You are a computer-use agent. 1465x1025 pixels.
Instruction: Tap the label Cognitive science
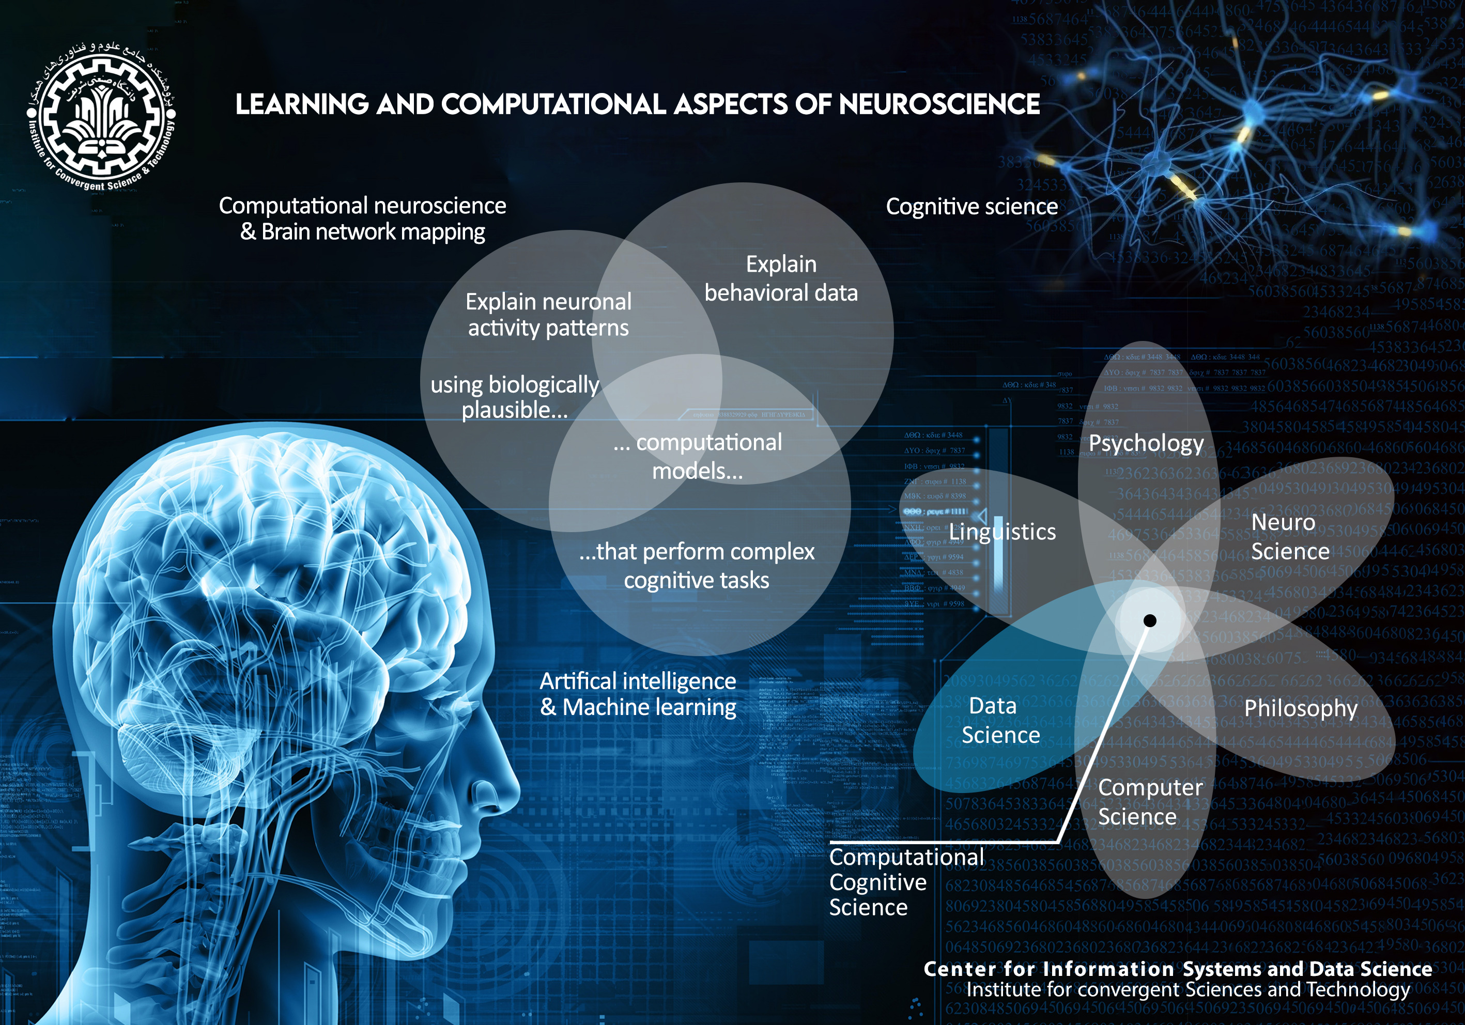coord(971,207)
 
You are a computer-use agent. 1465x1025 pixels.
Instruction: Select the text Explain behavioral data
coord(781,279)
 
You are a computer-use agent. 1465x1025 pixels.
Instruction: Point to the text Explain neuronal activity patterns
coord(548,315)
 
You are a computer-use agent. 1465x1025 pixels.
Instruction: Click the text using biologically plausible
coord(514,397)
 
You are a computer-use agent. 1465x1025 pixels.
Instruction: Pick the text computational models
coord(698,457)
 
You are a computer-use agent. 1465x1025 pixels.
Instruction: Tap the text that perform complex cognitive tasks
coord(696,566)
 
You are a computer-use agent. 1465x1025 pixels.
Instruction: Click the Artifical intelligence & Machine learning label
coord(638,694)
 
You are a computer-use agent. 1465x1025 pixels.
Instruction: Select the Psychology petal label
coord(1146,443)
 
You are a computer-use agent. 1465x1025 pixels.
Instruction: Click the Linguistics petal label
coord(1002,531)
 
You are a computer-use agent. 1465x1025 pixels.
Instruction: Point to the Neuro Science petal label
coord(1289,536)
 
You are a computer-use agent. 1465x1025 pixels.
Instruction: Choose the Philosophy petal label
coord(1300,708)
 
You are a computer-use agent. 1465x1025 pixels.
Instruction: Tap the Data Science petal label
coord(1000,720)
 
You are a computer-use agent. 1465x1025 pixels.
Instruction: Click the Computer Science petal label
coord(1149,802)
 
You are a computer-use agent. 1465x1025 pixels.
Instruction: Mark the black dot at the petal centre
coord(1150,620)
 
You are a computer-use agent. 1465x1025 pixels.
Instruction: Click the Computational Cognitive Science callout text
coord(905,881)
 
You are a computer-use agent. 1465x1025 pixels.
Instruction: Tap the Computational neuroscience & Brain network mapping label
coord(362,219)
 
